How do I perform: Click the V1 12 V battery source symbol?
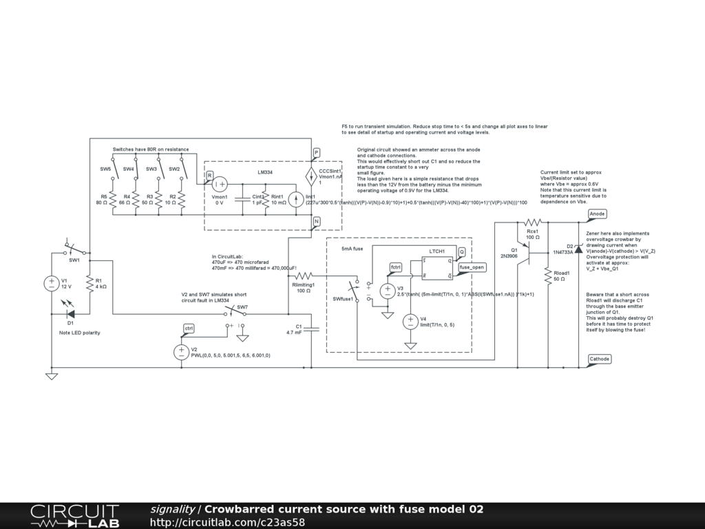tap(52, 283)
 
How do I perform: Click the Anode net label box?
tap(597, 214)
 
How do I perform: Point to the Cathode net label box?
tap(599, 359)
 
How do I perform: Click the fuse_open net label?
tap(472, 267)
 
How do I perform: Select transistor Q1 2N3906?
tap(525, 257)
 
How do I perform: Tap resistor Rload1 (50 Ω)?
tap(547, 276)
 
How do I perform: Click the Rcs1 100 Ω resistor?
tap(532, 222)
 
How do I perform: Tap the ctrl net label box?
tap(189, 328)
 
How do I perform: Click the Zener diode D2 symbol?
tap(578, 246)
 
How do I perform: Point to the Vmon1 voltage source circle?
tap(220, 184)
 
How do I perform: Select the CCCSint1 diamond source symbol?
tap(310, 174)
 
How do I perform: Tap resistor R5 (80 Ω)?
tap(112, 199)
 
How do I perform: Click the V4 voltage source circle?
tap(410, 321)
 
